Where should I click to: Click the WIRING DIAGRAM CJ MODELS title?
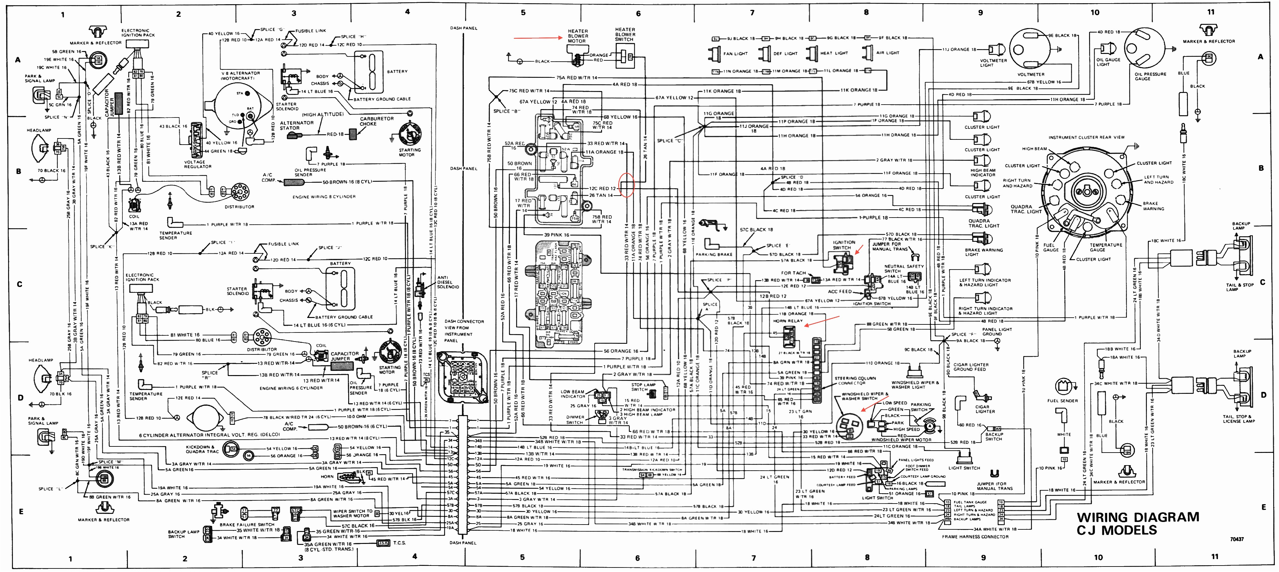pos(1137,523)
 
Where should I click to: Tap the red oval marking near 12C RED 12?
pos(627,185)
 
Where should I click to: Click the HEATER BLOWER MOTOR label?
pos(577,36)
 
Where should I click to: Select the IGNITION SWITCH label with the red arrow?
pos(844,245)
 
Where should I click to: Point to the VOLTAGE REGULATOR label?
pos(198,164)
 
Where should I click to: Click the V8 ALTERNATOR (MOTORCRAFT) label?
pos(241,76)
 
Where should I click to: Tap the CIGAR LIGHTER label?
pos(984,409)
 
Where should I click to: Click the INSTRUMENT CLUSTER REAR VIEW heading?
pos(1087,138)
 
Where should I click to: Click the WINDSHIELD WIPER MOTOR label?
pos(901,440)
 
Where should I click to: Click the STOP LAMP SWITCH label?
pos(643,387)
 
